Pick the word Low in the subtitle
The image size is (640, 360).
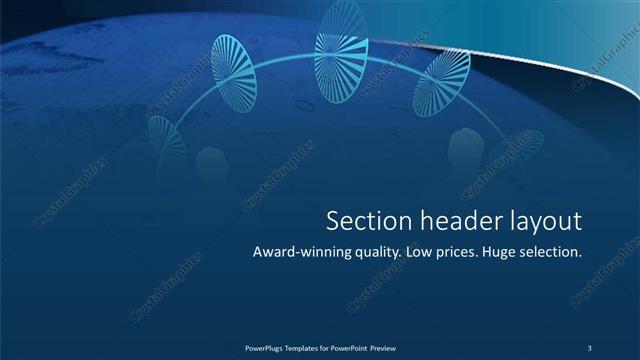421,253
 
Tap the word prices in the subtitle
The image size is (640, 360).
460,253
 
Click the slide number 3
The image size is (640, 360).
590,347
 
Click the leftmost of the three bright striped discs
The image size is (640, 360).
235,72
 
